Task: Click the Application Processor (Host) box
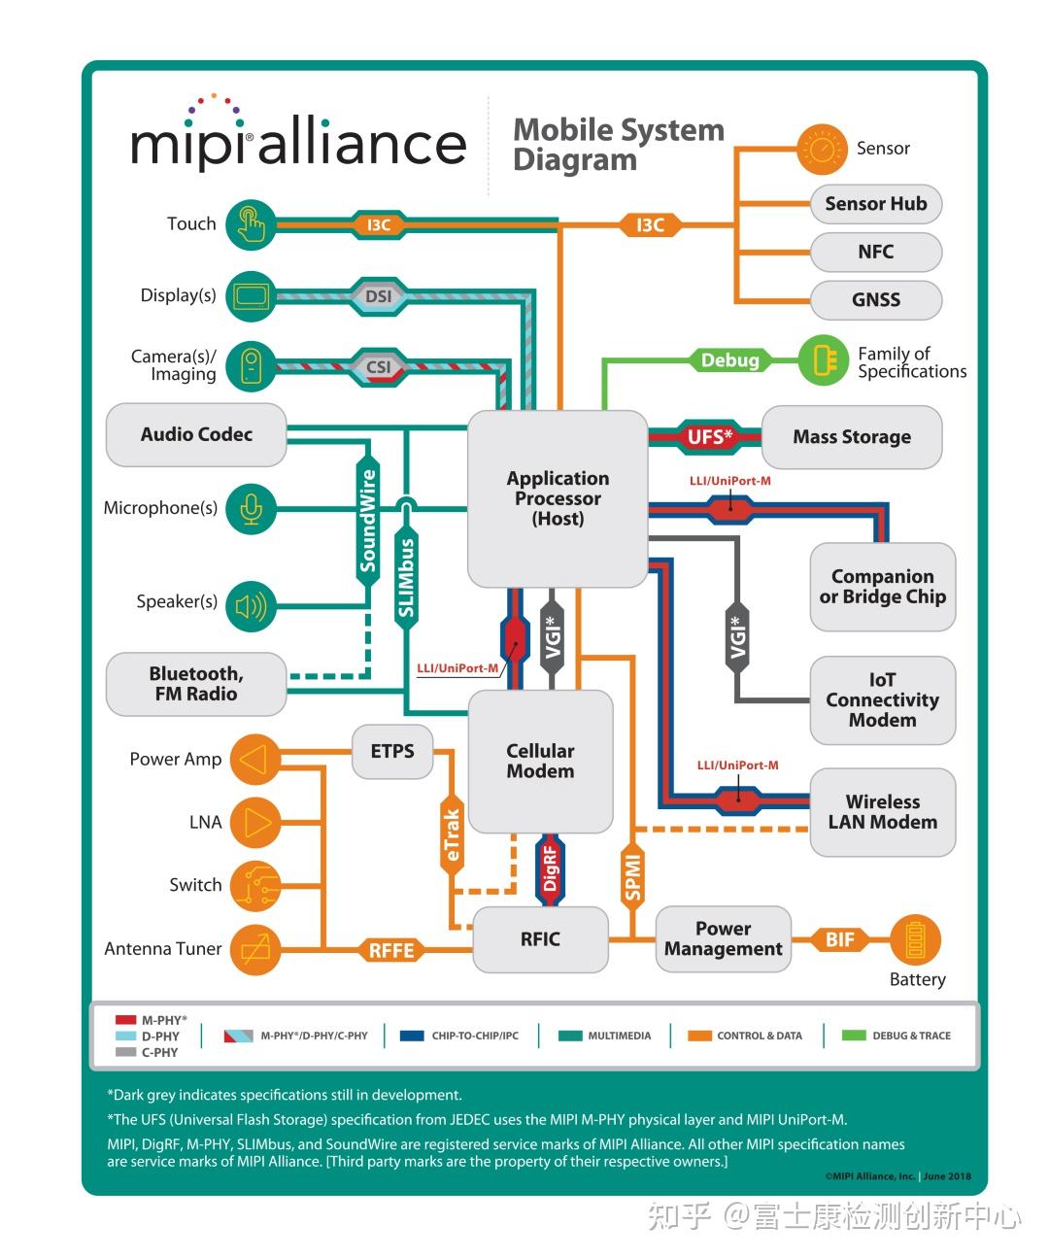click(x=558, y=498)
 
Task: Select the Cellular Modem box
click(x=540, y=761)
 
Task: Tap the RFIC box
click(x=540, y=939)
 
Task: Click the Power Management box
click(x=723, y=939)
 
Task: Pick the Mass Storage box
click(x=852, y=437)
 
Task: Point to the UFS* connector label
click(x=709, y=437)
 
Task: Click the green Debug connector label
click(x=729, y=360)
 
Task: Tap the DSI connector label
click(x=378, y=296)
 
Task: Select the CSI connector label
click(x=378, y=367)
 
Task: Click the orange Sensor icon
click(x=823, y=150)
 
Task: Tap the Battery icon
click(x=915, y=940)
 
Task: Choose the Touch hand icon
click(x=252, y=224)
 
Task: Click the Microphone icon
click(x=252, y=508)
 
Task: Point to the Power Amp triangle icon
click(x=254, y=760)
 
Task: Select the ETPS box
click(x=392, y=751)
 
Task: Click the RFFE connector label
click(x=391, y=950)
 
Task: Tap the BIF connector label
click(x=840, y=939)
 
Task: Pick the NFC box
click(x=875, y=252)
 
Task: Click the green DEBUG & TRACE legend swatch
click(x=854, y=1036)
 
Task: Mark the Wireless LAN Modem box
click(x=882, y=812)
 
